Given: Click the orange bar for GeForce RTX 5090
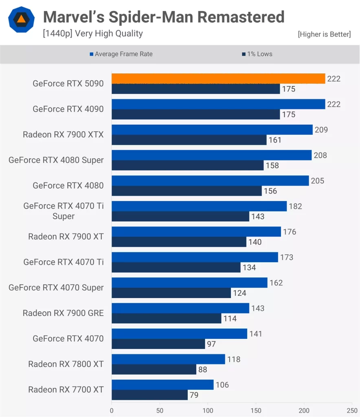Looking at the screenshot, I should (x=218, y=79).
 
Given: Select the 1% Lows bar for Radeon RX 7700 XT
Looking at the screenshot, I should (x=149, y=395).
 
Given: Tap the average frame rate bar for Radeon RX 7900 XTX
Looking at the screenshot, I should (x=212, y=130).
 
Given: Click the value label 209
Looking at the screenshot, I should (x=321, y=130).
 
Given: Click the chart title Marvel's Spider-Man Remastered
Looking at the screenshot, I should (x=164, y=17).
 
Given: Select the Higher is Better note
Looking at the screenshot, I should (x=324, y=34).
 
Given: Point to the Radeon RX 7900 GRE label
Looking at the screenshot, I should (x=63, y=313).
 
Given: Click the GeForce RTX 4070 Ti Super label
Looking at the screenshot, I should (x=64, y=211).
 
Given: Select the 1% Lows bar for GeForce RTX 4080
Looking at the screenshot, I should (x=187, y=191).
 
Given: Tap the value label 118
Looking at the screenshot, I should (x=233, y=359).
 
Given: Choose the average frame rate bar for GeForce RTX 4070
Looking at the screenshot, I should (x=179, y=334).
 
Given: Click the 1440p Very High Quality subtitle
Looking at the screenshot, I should (x=93, y=33).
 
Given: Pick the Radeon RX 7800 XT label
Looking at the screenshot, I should (x=66, y=364).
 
